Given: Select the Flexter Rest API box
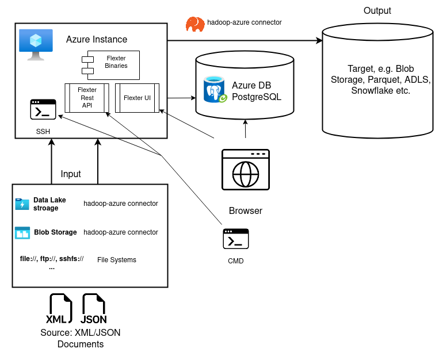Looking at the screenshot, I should (87, 98).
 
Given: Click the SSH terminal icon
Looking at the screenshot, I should (43, 110).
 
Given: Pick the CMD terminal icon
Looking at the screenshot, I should (236, 239).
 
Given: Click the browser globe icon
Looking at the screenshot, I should (246, 170).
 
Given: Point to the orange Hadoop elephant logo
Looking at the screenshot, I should (195, 24).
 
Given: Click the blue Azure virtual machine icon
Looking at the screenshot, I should (35, 44).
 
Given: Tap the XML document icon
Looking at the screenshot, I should (59, 309).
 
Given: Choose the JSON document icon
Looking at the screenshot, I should (93, 309).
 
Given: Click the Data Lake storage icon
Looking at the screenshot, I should (22, 204).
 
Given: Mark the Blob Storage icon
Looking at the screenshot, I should (22, 232).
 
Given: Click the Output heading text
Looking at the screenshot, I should (377, 11).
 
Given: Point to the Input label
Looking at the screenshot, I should (71, 174).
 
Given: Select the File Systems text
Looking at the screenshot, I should (116, 260).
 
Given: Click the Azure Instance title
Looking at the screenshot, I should (97, 40).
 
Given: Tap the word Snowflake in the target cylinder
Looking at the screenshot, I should (371, 90).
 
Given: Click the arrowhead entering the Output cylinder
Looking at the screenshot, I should (318, 41).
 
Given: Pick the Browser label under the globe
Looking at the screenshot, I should (246, 210).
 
